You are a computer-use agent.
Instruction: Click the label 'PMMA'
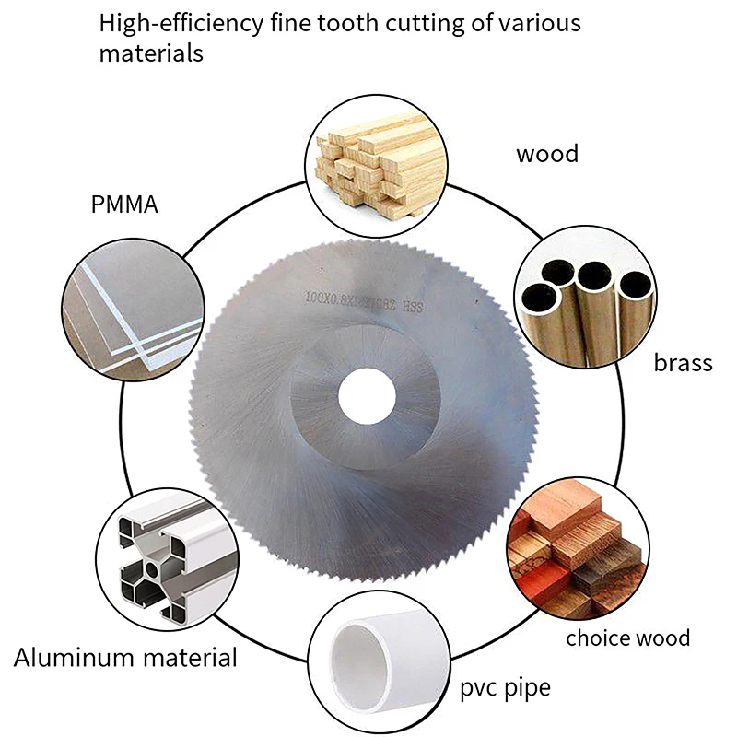point(124,203)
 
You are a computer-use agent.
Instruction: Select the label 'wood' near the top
point(547,153)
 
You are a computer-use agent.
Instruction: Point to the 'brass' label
point(683,362)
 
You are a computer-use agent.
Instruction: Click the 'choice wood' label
point(627,638)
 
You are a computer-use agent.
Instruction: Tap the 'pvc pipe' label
point(506,687)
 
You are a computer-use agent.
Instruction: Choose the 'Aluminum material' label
point(125,658)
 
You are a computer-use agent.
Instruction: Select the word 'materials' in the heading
point(151,53)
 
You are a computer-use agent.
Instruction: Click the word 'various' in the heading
point(538,22)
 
